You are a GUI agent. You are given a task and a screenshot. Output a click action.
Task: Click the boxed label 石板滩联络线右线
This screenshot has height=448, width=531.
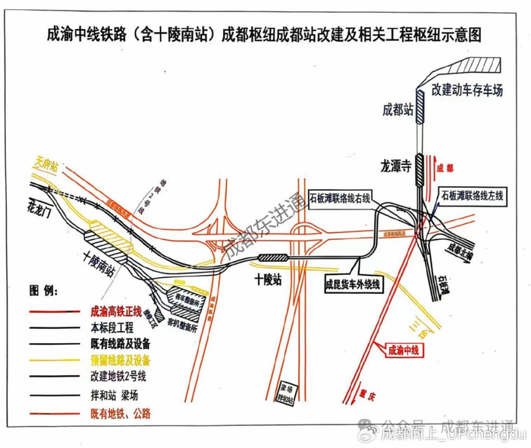pyautogui.click(x=339, y=197)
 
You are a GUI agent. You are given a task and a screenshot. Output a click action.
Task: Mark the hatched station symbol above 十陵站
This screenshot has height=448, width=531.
pyautogui.click(x=272, y=258)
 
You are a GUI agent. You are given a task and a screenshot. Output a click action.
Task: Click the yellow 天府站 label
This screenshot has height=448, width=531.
pyautogui.click(x=46, y=162)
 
